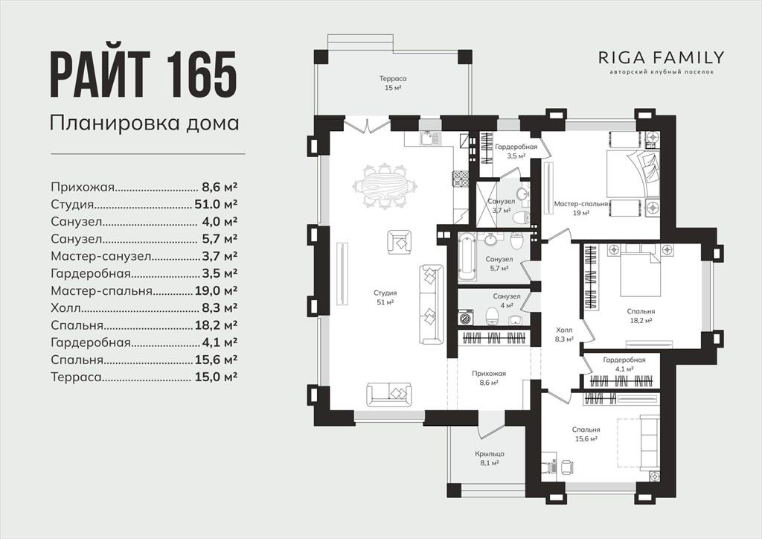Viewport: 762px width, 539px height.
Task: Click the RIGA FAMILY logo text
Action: point(662,58)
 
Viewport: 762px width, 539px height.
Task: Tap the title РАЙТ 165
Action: point(144,75)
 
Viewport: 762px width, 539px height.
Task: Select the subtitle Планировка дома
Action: point(144,123)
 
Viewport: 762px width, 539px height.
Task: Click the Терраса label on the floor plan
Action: point(392,79)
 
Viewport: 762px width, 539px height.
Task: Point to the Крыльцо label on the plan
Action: point(490,454)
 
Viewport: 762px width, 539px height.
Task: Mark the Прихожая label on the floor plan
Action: point(489,374)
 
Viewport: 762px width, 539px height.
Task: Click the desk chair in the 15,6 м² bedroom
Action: point(566,467)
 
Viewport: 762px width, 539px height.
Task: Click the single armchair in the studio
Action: point(400,242)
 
